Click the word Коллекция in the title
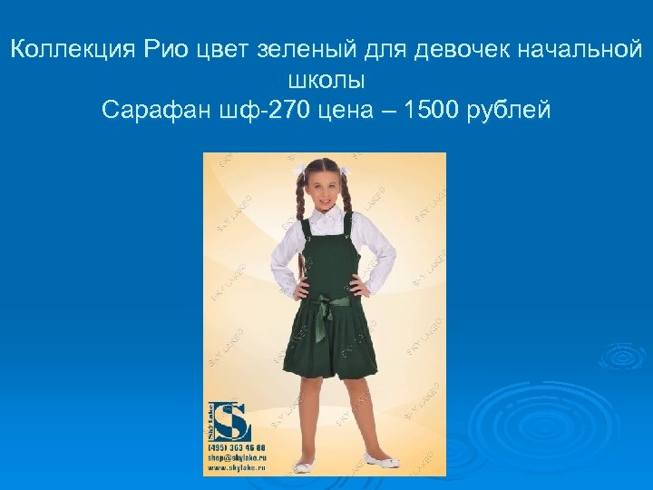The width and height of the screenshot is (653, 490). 72,50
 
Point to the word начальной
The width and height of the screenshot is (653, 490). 578,50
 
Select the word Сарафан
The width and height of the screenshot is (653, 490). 154,112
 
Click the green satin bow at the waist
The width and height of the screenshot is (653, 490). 331,301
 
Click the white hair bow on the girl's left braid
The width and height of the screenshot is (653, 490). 344,170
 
